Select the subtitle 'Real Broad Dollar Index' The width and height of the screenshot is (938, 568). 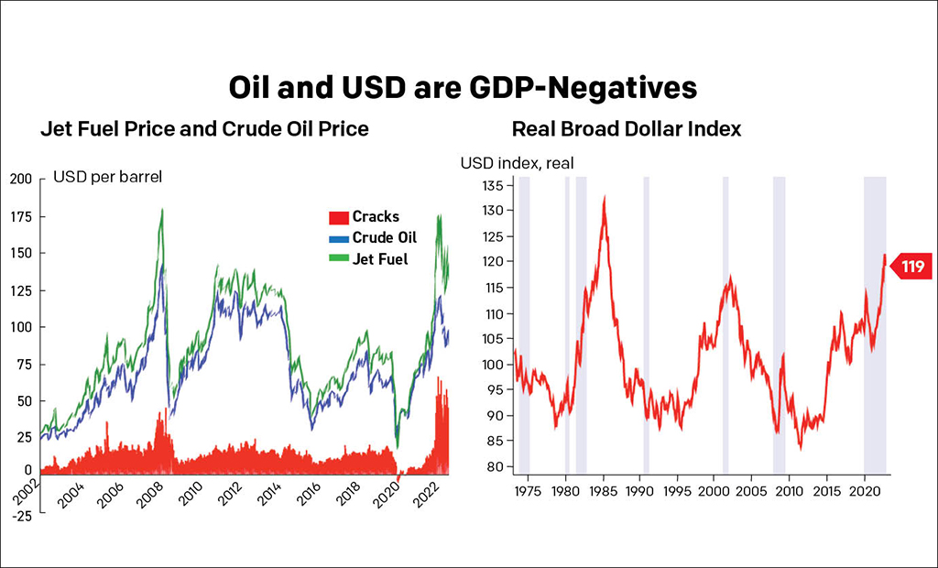coord(627,129)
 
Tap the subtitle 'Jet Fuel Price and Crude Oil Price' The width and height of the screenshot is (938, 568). coord(204,129)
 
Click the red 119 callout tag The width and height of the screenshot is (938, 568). coord(911,267)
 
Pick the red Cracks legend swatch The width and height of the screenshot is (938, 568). coord(337,217)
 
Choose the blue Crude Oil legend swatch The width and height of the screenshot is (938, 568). coord(337,237)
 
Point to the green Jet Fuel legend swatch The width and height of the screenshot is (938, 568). coord(337,259)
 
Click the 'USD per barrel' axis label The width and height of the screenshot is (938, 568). coord(108,177)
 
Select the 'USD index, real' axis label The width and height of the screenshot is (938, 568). coord(517,163)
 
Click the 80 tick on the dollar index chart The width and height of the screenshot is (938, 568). coord(496,467)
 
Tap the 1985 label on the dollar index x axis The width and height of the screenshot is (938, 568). coord(602,490)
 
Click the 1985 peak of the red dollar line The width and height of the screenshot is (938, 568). coord(605,197)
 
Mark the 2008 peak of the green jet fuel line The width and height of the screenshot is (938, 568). coord(162,210)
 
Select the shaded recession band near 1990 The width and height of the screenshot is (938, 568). coord(647,325)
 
